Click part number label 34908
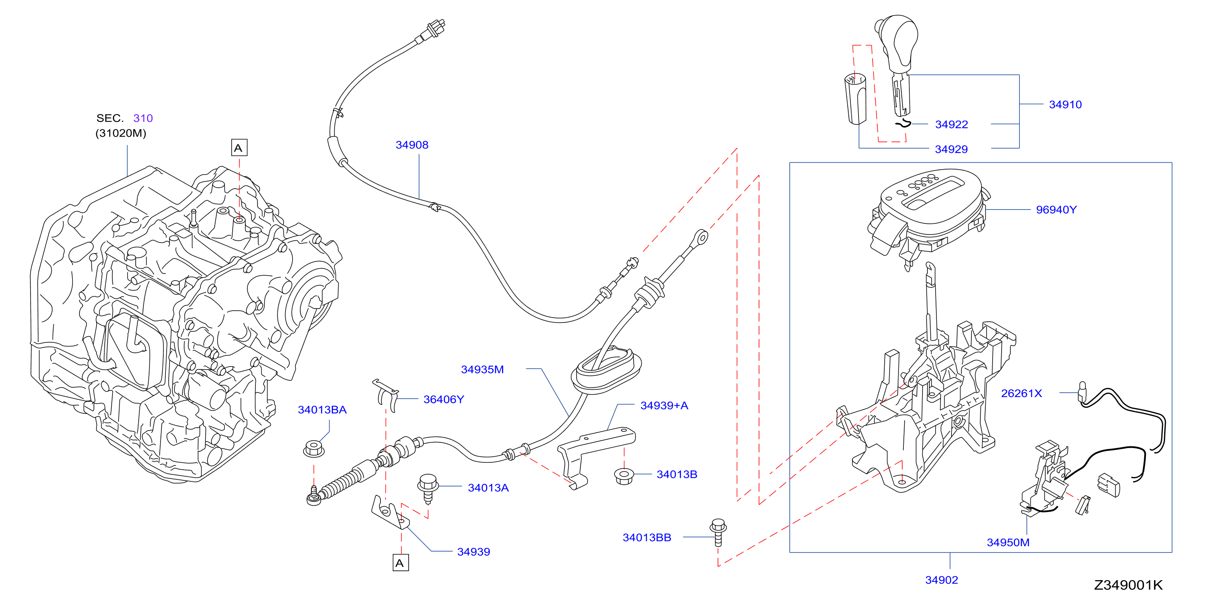(412, 145)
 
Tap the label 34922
(951, 124)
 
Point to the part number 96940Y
(1056, 210)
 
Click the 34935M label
(482, 369)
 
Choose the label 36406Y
(443, 399)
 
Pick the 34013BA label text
(322, 410)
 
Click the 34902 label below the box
(941, 580)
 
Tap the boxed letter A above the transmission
(239, 148)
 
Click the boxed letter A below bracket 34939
(400, 563)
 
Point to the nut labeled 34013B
(624, 476)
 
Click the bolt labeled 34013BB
(718, 532)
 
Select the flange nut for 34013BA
(313, 448)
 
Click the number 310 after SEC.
(143, 118)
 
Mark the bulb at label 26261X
(1083, 391)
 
